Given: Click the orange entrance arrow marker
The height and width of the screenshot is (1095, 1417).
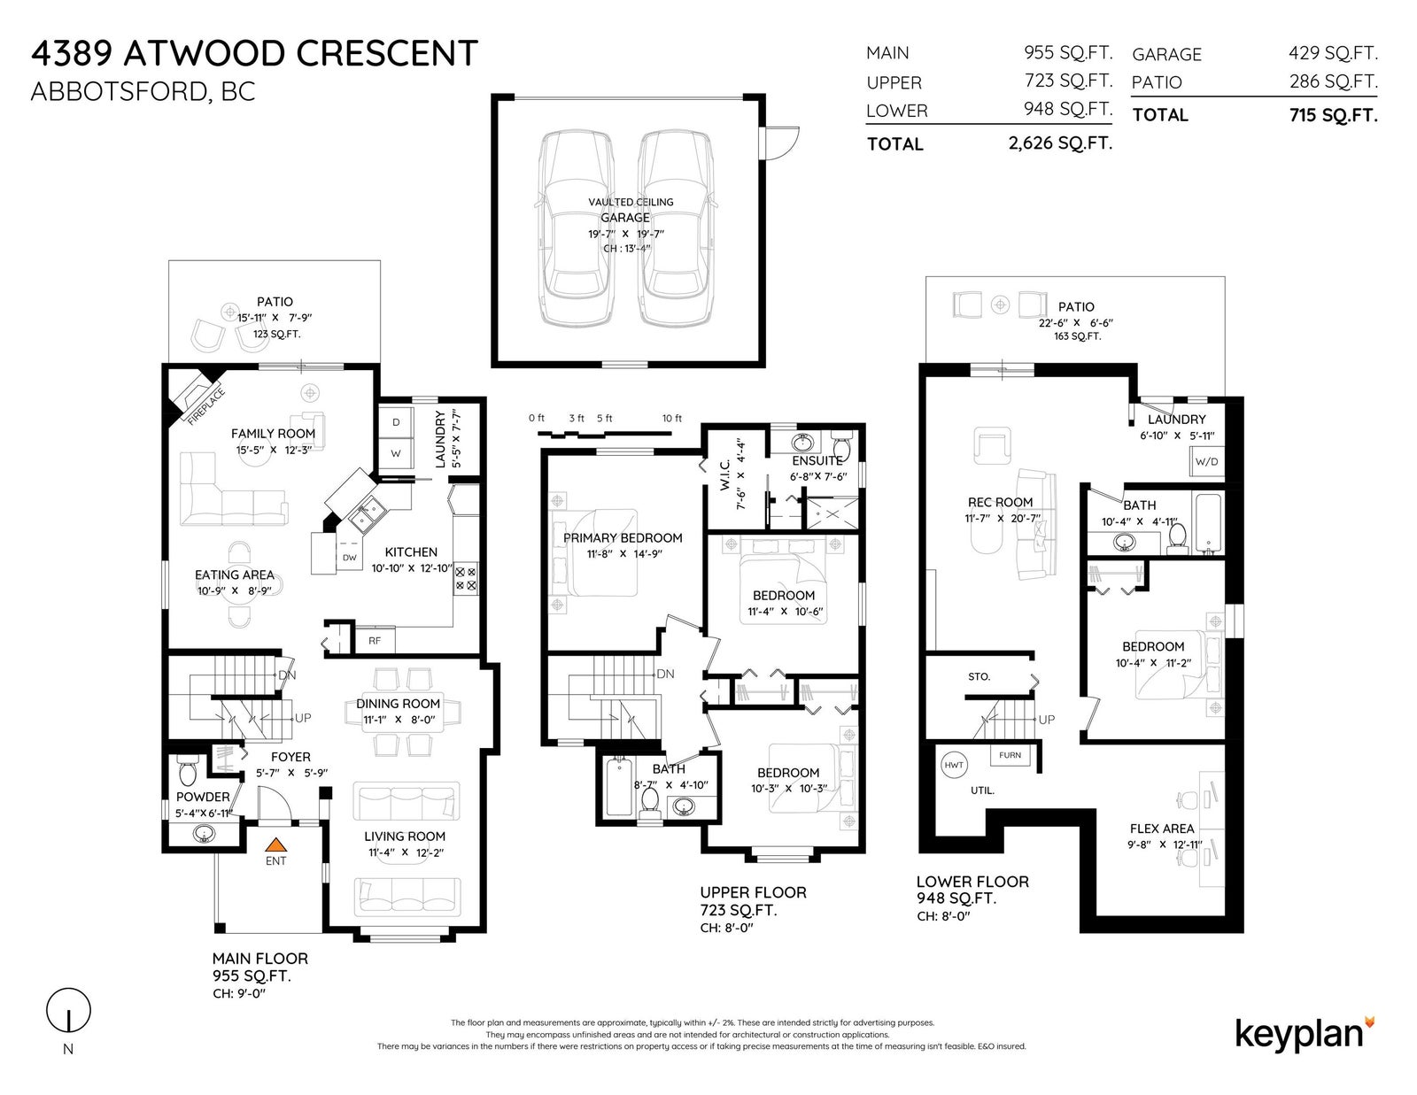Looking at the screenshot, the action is coord(275,844).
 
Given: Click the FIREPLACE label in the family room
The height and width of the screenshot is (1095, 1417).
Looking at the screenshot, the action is coord(206,406).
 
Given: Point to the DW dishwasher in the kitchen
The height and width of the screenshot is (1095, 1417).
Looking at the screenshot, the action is coord(350,558).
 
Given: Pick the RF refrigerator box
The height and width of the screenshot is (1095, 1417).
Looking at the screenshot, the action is coord(375,641).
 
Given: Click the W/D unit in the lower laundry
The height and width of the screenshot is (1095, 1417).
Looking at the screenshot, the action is coord(1206,461).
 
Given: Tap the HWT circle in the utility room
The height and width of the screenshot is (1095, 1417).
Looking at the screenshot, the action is coord(954,765).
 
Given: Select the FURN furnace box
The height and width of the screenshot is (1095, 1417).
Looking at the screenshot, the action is coord(1010,755).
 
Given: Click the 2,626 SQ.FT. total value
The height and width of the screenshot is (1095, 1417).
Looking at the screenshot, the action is coord(1060,143).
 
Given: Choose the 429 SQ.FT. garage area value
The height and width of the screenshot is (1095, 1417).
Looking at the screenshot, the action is coord(1333,53).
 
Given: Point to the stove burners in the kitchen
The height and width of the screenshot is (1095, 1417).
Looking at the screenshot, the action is coord(466,579).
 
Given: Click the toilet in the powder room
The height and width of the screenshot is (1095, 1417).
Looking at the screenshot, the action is coord(188,772).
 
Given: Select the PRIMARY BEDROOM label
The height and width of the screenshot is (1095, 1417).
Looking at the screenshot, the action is coord(623,537).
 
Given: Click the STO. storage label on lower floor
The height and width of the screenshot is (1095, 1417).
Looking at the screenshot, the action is coord(979,676).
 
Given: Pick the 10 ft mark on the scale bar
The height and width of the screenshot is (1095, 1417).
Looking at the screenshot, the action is coord(671,419).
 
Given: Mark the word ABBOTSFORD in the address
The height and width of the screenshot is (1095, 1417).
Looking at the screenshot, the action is coord(120,92).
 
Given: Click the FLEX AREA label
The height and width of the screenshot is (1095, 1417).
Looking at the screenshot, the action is coord(1162,829).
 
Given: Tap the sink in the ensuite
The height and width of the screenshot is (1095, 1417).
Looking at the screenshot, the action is coord(802,443).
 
